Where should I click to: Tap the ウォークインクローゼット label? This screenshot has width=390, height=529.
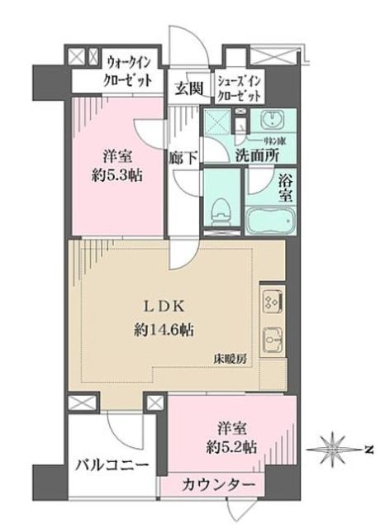(x=128, y=71)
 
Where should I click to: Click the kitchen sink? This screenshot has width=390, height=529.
(x=273, y=340)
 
